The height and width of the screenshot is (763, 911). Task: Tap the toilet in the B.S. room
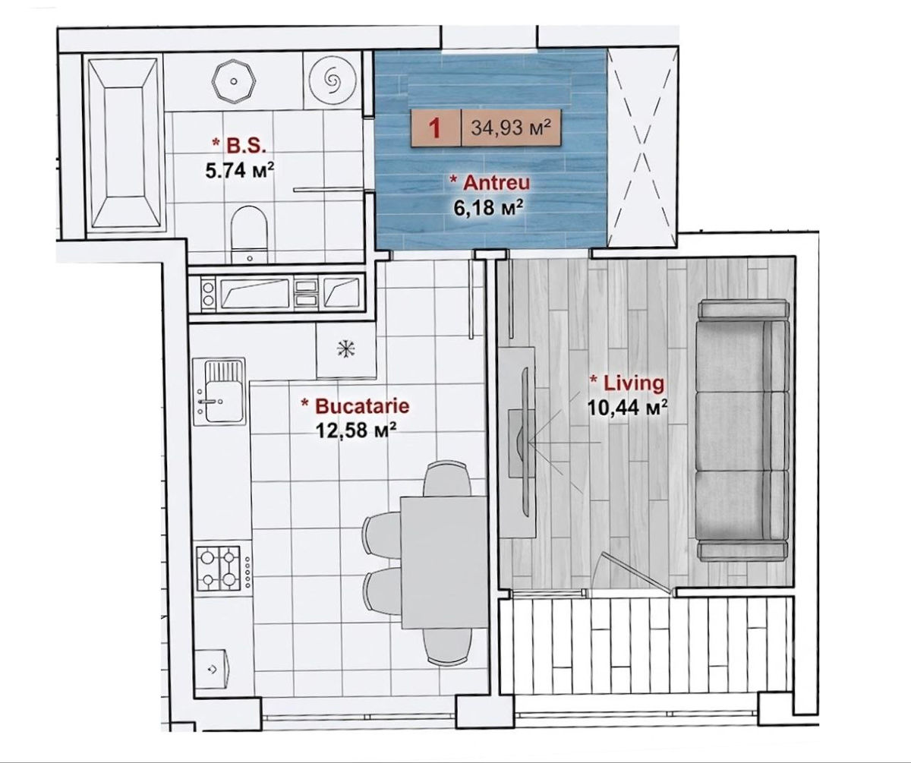[249, 235]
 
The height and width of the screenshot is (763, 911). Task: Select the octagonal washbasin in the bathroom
[234, 81]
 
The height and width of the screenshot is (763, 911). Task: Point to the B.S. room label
[239, 146]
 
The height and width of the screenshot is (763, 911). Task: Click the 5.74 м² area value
[240, 170]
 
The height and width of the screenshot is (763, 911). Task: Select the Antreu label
[490, 182]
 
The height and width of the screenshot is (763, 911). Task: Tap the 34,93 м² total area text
[510, 128]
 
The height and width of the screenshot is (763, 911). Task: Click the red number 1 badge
[435, 129]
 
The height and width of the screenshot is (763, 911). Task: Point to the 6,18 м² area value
[489, 208]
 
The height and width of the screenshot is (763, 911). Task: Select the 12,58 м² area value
[356, 431]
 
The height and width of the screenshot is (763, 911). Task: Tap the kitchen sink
[219, 391]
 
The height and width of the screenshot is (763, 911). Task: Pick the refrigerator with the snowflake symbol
[346, 350]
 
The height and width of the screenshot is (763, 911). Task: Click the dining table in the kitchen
[443, 563]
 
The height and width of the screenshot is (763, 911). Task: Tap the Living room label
[627, 383]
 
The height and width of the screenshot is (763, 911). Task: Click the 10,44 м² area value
[627, 408]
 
